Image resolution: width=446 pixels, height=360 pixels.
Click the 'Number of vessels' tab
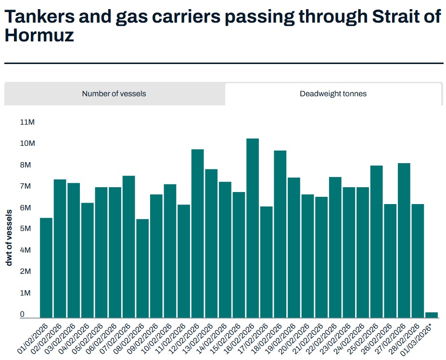coord(114,94)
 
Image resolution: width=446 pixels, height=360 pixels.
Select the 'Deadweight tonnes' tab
coord(333,94)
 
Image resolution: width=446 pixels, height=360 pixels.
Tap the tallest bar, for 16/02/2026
coord(253,228)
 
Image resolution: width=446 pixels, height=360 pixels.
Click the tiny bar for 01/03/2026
coord(432,315)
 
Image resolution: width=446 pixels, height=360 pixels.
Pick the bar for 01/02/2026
coord(46,268)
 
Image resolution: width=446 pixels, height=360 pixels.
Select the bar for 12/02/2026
coord(198,233)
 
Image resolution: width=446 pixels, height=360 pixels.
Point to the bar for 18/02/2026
coord(280,234)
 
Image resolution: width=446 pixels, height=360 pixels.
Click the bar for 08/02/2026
coord(142,268)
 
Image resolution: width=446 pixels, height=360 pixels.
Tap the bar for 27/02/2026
coord(404,240)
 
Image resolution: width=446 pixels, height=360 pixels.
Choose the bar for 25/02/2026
coord(377,242)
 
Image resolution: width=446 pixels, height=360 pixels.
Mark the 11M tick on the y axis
coord(27,122)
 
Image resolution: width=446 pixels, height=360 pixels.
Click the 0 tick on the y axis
coord(22,314)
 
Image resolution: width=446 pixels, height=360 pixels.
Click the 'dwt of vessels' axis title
coord(9,238)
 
